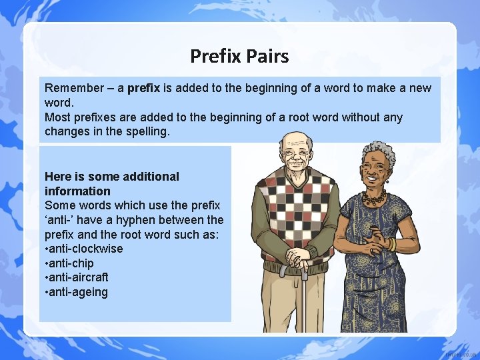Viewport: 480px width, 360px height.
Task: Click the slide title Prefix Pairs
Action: click(x=239, y=56)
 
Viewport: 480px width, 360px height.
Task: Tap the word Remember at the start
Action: click(x=70, y=88)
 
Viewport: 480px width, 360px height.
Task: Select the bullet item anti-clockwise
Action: click(x=85, y=249)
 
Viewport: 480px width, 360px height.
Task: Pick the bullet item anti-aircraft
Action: click(x=78, y=277)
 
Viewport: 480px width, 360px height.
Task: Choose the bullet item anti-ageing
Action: click(x=78, y=292)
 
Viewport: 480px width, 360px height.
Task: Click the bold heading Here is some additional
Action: click(x=111, y=177)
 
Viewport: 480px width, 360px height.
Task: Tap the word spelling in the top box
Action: click(x=148, y=132)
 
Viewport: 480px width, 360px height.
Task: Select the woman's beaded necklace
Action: click(x=373, y=199)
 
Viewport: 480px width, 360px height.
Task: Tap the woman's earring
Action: click(x=387, y=180)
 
